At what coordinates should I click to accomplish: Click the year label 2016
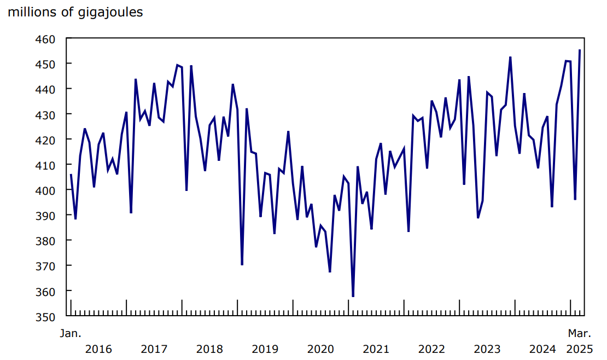point(98,349)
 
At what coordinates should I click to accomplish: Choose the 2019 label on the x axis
point(265,349)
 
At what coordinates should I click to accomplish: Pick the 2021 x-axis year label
point(376,349)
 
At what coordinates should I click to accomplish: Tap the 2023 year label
point(487,349)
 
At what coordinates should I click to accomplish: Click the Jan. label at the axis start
point(70,333)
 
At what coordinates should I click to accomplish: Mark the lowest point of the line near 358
point(353,296)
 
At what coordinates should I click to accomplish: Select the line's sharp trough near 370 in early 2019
point(242,265)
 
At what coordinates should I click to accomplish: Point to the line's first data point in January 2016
point(71,175)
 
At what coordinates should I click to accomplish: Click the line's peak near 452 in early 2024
point(510,57)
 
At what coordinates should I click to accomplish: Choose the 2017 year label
point(154,349)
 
